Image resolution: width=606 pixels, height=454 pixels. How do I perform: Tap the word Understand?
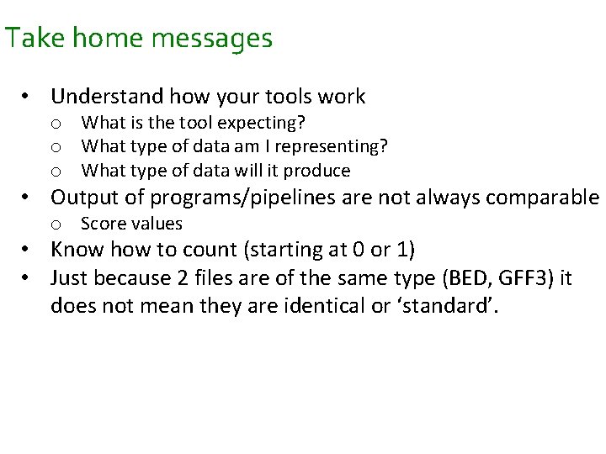coord(109,97)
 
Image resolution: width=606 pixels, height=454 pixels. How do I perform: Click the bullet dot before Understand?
coord(28,98)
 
